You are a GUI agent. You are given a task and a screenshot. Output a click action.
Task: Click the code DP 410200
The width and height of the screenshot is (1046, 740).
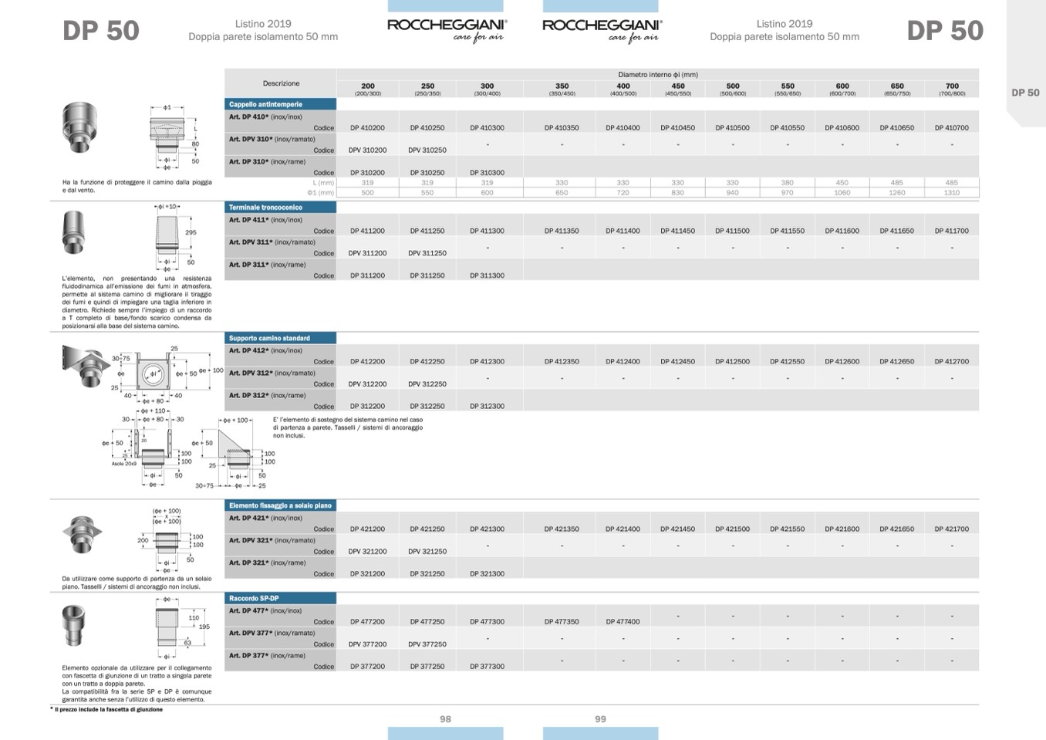[367, 128]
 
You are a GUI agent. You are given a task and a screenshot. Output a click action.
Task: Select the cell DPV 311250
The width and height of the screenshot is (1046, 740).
[427, 253]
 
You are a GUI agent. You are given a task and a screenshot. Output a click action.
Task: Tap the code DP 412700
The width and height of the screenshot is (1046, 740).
[951, 361]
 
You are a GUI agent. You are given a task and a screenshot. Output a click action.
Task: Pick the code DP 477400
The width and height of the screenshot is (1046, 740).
[623, 621]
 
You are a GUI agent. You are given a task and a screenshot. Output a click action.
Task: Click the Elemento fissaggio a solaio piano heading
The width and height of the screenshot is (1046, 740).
[280, 505]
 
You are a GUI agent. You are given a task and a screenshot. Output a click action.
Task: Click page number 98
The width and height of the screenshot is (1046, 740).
[445, 719]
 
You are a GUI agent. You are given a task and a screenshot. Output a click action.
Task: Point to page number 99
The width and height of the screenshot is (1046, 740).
[600, 719]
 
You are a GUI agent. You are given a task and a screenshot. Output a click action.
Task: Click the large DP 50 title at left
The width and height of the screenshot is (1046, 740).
[101, 31]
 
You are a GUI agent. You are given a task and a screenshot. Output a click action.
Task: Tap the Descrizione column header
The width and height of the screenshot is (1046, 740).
[281, 83]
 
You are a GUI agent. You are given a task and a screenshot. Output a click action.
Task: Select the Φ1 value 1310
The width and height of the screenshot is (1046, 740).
[951, 193]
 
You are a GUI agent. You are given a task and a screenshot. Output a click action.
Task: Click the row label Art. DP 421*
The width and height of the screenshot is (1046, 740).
[248, 519]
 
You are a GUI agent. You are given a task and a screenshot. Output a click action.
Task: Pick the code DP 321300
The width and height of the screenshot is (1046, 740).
[487, 574]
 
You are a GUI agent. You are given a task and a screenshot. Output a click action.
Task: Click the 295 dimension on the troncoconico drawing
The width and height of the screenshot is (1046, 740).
[191, 232]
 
